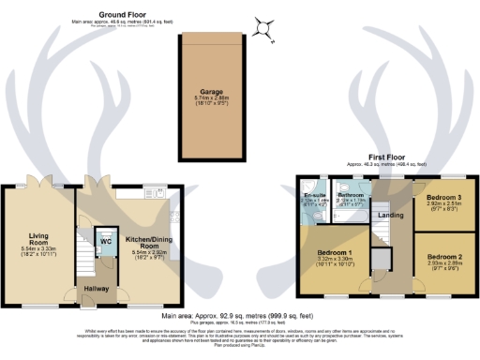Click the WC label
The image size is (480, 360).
(105, 240)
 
